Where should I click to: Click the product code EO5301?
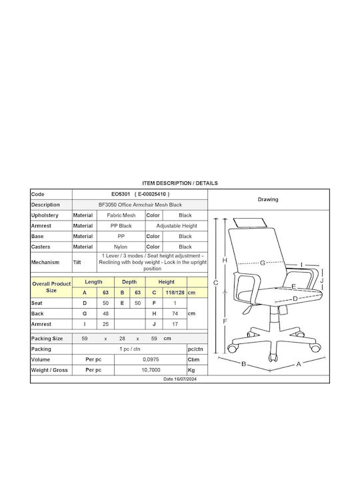coord(121,194)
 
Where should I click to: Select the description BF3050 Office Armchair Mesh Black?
coord(140,205)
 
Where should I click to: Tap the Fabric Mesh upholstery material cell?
coord(121,215)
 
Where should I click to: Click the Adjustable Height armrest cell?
coord(177,225)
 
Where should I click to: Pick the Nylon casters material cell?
coord(121,247)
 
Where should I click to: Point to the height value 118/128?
coord(175,293)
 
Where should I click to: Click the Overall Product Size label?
coord(51,287)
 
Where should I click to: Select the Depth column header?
coord(129,282)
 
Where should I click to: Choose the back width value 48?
coord(105,313)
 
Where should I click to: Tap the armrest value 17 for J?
coord(175,324)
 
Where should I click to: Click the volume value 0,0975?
coord(151,359)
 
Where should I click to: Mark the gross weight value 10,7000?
coord(151,370)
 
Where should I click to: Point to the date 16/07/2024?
coord(180,379)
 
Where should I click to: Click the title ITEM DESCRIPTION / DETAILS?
coord(180,183)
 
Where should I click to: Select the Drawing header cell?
coord(268,199)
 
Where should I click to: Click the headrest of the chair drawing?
coord(249,223)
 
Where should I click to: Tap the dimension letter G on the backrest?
coord(263,263)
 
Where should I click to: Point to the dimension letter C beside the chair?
coord(215,283)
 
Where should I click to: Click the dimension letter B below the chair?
coord(244,364)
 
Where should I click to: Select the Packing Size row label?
coord(47,339)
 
